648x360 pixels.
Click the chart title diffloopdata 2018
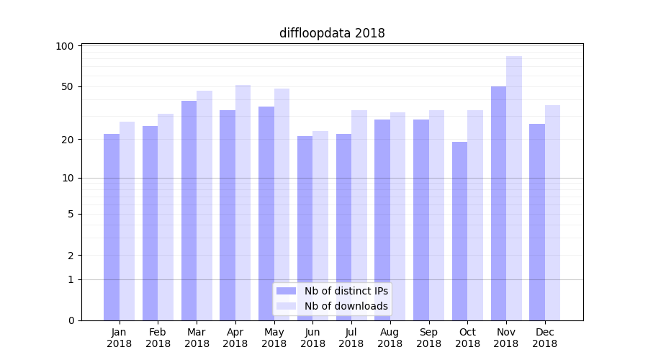click(x=332, y=33)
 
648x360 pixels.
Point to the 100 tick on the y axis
click(x=65, y=46)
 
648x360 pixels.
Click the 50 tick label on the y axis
click(x=67, y=86)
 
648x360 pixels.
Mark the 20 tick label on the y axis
click(x=67, y=139)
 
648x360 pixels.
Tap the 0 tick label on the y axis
click(x=70, y=320)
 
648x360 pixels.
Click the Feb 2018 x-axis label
click(x=158, y=338)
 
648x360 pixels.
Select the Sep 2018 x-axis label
click(x=428, y=338)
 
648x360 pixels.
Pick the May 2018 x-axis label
click(x=274, y=338)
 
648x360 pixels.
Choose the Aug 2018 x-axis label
click(x=390, y=338)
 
